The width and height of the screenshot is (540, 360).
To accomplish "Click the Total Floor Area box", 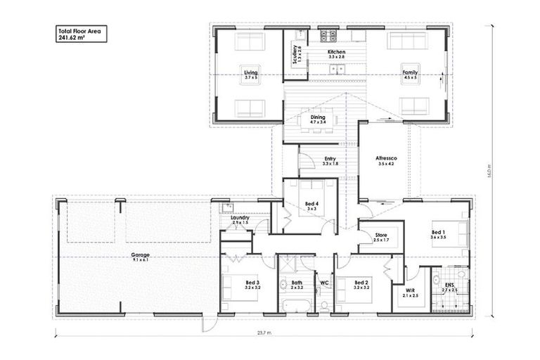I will click(81, 34).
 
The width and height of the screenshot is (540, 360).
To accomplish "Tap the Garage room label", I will click(140, 257).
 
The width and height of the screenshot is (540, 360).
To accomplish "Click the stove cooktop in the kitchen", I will click(328, 35).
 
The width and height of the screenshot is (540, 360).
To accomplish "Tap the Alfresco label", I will click(387, 161).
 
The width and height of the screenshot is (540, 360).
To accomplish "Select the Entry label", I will click(330, 161).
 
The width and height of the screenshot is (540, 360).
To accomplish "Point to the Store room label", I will click(381, 237).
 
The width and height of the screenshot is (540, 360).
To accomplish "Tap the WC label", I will click(324, 283).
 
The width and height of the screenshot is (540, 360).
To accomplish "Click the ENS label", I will click(449, 286).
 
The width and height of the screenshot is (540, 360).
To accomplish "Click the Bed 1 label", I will click(438, 235).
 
